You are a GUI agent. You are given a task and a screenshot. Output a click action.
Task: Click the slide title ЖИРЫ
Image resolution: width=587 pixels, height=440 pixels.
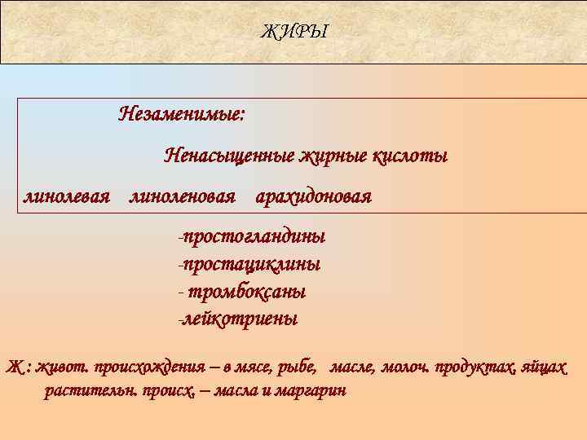293,32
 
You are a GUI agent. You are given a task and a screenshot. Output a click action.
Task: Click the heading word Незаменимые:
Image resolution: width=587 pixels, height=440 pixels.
181,113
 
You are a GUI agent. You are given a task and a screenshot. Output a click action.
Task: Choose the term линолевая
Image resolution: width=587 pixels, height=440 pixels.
67,196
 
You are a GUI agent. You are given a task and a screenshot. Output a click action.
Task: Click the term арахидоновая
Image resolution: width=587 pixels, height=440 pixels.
313,196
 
